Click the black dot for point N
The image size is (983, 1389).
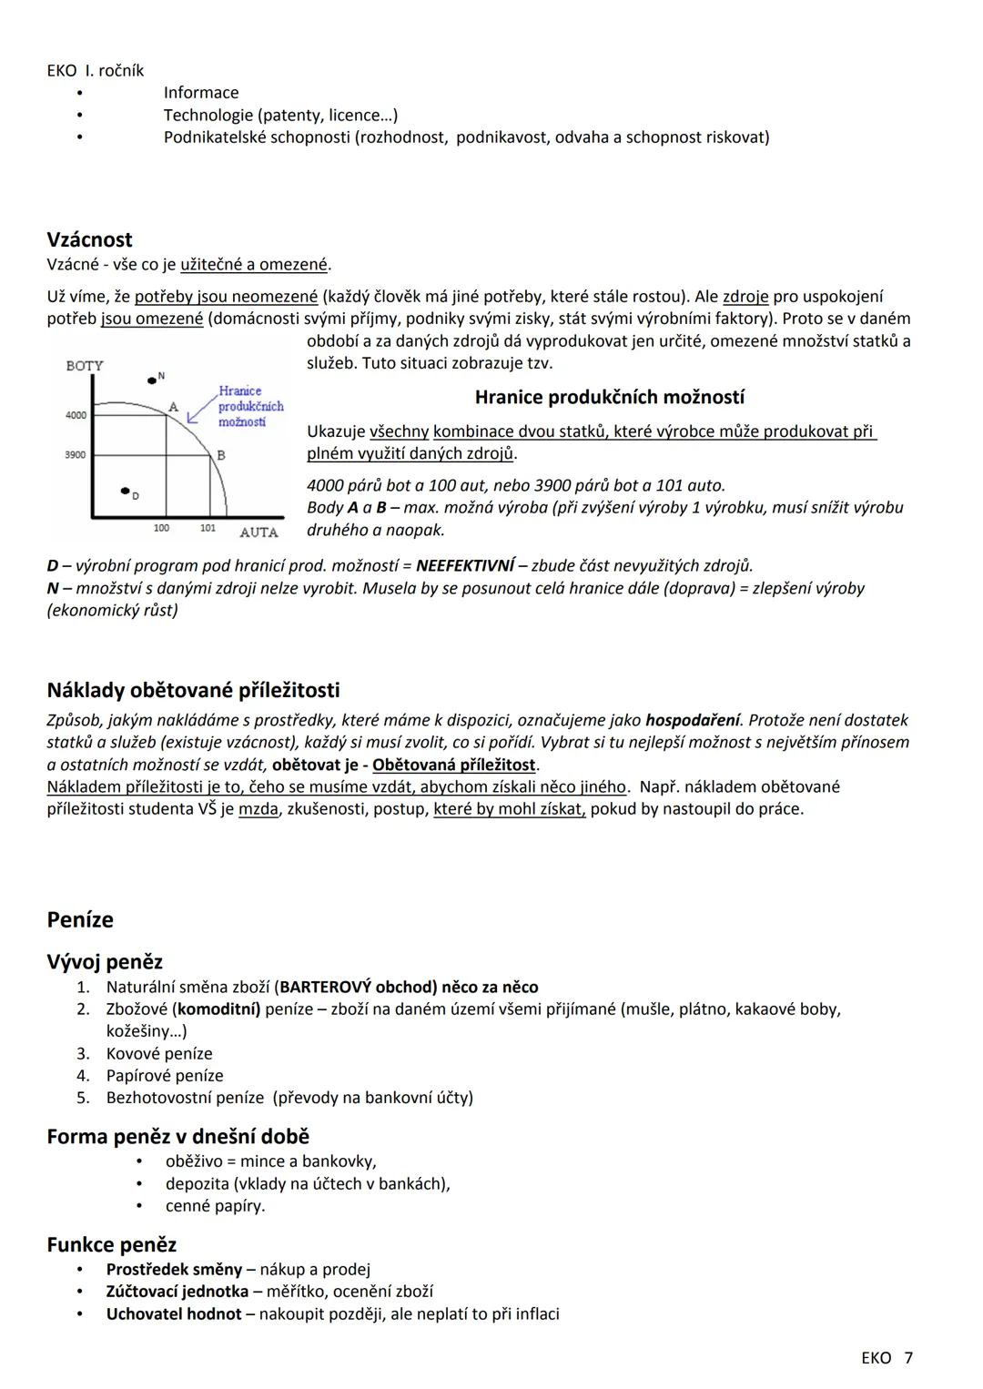[152, 380]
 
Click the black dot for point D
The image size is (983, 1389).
[125, 492]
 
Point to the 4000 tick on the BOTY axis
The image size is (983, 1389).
[76, 415]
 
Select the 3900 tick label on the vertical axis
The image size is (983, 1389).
[76, 454]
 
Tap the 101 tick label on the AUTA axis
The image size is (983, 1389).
[208, 528]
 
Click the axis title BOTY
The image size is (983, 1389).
[85, 366]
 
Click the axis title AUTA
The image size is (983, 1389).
[258, 532]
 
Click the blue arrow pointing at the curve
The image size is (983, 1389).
[199, 412]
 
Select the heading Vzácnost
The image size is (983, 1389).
[89, 239]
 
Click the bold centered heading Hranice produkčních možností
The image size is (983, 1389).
[609, 397]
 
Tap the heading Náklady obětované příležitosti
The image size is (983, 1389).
[193, 690]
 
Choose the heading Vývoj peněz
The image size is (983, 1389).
[105, 961]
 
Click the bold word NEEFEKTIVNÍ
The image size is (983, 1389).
[465, 565]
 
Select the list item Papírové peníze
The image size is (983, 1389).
[164, 1075]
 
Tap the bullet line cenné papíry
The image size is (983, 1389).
[215, 1206]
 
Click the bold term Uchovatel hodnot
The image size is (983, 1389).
[174, 1313]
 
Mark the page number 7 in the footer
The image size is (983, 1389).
[907, 1358]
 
